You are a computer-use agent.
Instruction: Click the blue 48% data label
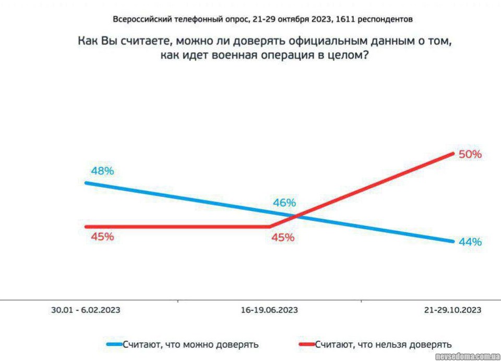[x=102, y=171]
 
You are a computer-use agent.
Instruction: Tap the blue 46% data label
[x=284, y=203]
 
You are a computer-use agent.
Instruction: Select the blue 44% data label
[x=470, y=242]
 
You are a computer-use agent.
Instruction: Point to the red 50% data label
[x=470, y=154]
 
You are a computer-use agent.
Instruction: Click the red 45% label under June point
[x=283, y=238]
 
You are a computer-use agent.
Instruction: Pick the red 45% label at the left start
[x=102, y=236]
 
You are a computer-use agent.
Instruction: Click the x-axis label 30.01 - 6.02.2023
[x=86, y=310]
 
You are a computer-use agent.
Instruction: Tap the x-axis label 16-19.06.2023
[x=269, y=310]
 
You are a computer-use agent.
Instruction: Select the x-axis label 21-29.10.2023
[x=452, y=310]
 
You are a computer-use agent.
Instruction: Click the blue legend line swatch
[x=114, y=344]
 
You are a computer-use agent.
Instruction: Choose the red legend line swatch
[x=306, y=344]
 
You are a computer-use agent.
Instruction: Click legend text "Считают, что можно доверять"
[x=190, y=344]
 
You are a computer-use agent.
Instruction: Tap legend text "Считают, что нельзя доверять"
[x=383, y=344]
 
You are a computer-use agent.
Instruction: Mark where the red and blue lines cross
[x=296, y=216]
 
